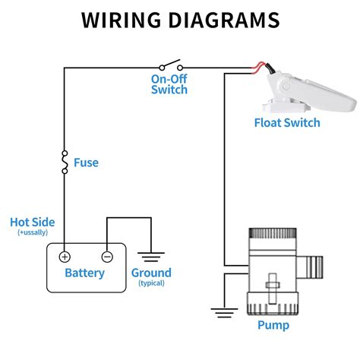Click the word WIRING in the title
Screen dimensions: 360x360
click(x=121, y=20)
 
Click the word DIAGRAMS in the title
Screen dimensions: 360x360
click(x=224, y=20)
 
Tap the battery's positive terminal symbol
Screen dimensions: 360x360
click(x=65, y=257)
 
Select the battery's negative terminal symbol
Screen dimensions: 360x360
click(x=107, y=257)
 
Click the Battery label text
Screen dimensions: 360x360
click(x=84, y=273)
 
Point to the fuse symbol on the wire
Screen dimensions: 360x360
click(x=65, y=163)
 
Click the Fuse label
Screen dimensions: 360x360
click(x=86, y=163)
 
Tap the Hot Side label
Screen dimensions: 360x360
click(x=33, y=223)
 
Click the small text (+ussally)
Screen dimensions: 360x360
click(x=33, y=232)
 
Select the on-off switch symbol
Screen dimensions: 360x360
click(x=171, y=65)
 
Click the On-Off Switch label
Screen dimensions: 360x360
click(x=169, y=84)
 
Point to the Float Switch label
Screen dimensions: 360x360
click(x=287, y=123)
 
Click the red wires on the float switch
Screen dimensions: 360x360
click(x=259, y=68)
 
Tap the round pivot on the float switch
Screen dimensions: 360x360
click(x=286, y=87)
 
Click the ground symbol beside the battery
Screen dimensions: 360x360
click(x=151, y=257)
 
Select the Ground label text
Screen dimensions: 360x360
click(x=151, y=273)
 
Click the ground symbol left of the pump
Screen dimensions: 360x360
click(x=224, y=313)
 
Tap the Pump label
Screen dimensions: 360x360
click(x=273, y=325)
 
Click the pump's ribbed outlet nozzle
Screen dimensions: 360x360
click(x=314, y=267)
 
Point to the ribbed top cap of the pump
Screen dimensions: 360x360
click(x=273, y=233)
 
